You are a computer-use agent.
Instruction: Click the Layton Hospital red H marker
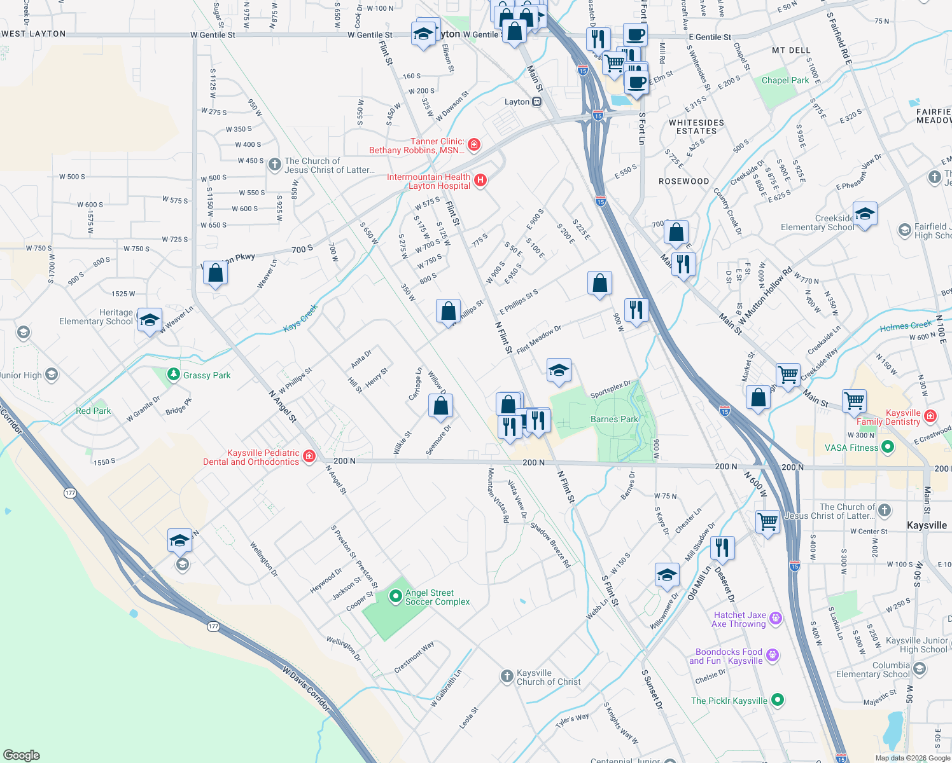[x=480, y=181]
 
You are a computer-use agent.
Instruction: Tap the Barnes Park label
[x=613, y=419]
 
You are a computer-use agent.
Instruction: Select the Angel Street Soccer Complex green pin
[x=395, y=596]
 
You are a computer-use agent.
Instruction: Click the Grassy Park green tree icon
[x=173, y=375]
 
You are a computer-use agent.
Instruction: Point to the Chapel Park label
[x=785, y=80]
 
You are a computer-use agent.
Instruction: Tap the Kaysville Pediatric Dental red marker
[x=309, y=457]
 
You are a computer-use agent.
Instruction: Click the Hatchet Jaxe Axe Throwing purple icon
[x=775, y=617]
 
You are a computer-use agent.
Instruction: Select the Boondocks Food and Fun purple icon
[x=772, y=655]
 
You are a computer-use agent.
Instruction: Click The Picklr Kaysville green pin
[x=777, y=700]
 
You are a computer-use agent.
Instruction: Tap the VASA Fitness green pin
[x=887, y=447]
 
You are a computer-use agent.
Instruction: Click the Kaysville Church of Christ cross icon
[x=507, y=676]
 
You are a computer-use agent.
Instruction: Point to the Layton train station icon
[x=536, y=102]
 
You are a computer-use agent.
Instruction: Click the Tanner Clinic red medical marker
[x=473, y=146]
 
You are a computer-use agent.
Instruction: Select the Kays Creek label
[x=300, y=317]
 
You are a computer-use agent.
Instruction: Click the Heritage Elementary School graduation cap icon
[x=150, y=319]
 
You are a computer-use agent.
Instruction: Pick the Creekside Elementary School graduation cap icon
[x=865, y=214]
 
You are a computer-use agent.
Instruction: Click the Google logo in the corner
[x=22, y=755]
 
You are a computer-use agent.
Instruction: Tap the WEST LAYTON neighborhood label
[x=34, y=34]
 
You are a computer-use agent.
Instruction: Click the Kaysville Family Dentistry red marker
[x=930, y=416]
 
